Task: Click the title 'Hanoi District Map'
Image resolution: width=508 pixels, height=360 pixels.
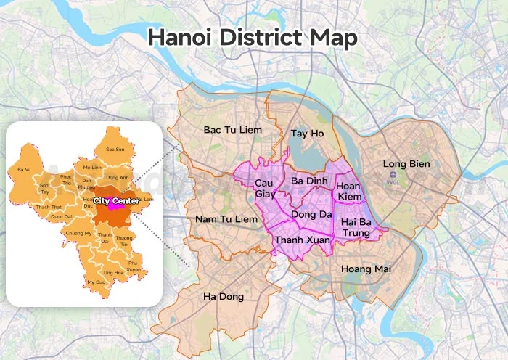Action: (x=253, y=38)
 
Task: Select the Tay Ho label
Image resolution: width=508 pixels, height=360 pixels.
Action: (x=307, y=134)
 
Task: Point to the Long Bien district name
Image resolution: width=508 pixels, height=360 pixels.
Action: (x=406, y=164)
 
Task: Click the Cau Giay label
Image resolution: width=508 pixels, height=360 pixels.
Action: (x=265, y=188)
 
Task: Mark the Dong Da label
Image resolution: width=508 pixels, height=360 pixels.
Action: (x=311, y=214)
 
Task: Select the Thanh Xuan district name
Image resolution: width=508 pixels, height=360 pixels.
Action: (x=303, y=240)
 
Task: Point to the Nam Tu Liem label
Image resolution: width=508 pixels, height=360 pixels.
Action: (x=227, y=218)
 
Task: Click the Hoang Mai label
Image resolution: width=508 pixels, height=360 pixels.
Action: (x=366, y=269)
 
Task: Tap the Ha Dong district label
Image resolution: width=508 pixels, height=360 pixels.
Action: (x=224, y=297)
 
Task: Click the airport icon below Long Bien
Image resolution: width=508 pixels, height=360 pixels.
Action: (x=393, y=176)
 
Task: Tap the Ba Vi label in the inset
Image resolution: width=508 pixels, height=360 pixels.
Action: (x=23, y=169)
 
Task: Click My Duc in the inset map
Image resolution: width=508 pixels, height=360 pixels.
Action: (x=95, y=282)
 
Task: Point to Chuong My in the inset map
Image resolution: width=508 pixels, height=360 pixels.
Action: (x=78, y=233)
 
